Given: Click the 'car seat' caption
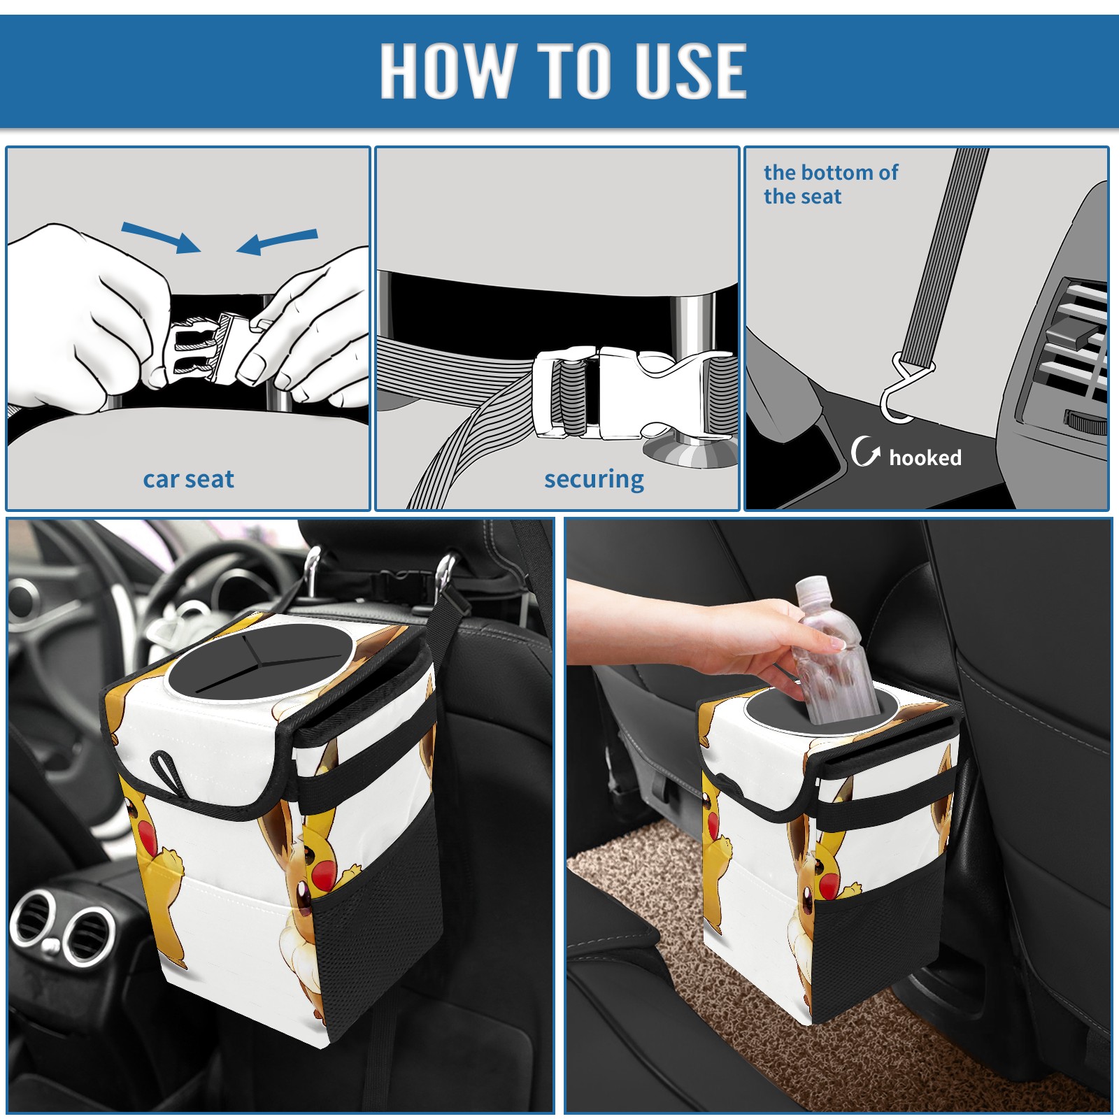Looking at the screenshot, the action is (188, 479).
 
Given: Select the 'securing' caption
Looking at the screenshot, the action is (594, 479).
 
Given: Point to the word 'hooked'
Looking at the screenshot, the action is (925, 457).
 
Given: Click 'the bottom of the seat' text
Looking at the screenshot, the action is (830, 184).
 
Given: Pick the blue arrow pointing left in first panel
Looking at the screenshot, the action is (277, 241).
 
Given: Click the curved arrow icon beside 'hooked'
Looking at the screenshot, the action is (865, 451).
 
